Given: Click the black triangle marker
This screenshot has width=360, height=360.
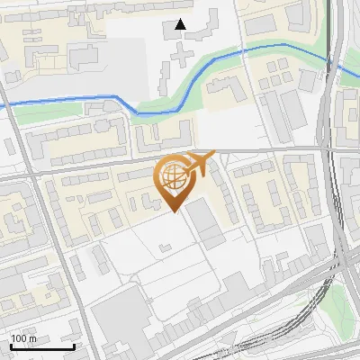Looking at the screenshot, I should [x=181, y=24].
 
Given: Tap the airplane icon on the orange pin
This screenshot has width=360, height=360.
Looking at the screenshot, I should [x=201, y=162].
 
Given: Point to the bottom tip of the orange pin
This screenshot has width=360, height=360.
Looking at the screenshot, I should [x=174, y=212].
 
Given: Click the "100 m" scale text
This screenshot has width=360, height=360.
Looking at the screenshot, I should [x=24, y=337].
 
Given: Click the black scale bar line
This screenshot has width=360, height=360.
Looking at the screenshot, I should [x=41, y=346].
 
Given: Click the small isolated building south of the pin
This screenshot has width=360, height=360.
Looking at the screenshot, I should [x=165, y=246].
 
